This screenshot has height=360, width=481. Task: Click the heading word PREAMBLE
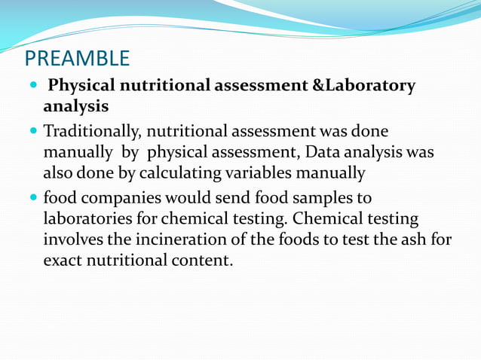point(77,58)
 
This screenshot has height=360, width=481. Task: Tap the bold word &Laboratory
point(364,86)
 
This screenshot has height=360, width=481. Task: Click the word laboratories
point(90,219)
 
